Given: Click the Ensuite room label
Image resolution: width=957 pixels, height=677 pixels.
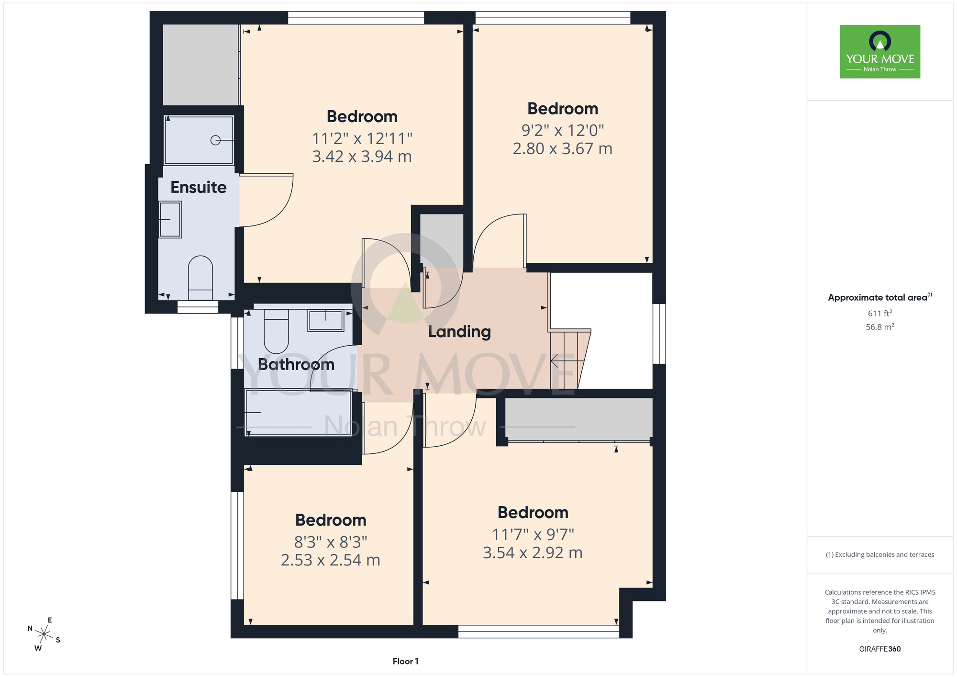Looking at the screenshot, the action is (x=199, y=187).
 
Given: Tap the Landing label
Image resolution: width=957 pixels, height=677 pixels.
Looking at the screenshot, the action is (x=459, y=332).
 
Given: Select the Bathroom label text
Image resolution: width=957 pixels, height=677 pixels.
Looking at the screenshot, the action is (x=296, y=364).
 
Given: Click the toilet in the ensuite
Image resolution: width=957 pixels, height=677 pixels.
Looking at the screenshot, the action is (x=200, y=278).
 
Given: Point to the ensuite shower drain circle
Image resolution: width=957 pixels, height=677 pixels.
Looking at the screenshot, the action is (x=215, y=140).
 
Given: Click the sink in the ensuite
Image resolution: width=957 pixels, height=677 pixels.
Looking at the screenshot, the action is (x=170, y=219).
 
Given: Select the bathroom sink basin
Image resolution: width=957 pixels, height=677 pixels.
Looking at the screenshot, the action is (x=326, y=321).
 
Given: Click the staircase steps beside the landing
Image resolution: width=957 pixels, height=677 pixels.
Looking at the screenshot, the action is (x=569, y=359).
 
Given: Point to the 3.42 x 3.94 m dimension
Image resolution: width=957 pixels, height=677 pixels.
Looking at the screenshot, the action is (x=362, y=157).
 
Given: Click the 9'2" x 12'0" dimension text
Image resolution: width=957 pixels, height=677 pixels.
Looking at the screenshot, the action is (x=563, y=130).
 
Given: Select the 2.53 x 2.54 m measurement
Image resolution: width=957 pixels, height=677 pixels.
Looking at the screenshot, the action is (x=330, y=560).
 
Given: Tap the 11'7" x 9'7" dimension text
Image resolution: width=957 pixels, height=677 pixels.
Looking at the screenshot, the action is (x=533, y=534).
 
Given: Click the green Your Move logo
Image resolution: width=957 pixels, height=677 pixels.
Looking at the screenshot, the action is (x=880, y=52).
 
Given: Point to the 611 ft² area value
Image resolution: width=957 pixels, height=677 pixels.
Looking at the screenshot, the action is (x=880, y=313).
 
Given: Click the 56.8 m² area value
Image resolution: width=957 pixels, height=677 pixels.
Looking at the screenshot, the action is (x=880, y=327).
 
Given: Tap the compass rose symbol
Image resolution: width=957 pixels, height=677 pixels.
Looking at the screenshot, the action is (x=44, y=635).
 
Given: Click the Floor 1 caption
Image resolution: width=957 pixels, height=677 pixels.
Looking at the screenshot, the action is (x=405, y=661).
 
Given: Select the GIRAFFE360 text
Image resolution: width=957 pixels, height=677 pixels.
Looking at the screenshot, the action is (x=880, y=649).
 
